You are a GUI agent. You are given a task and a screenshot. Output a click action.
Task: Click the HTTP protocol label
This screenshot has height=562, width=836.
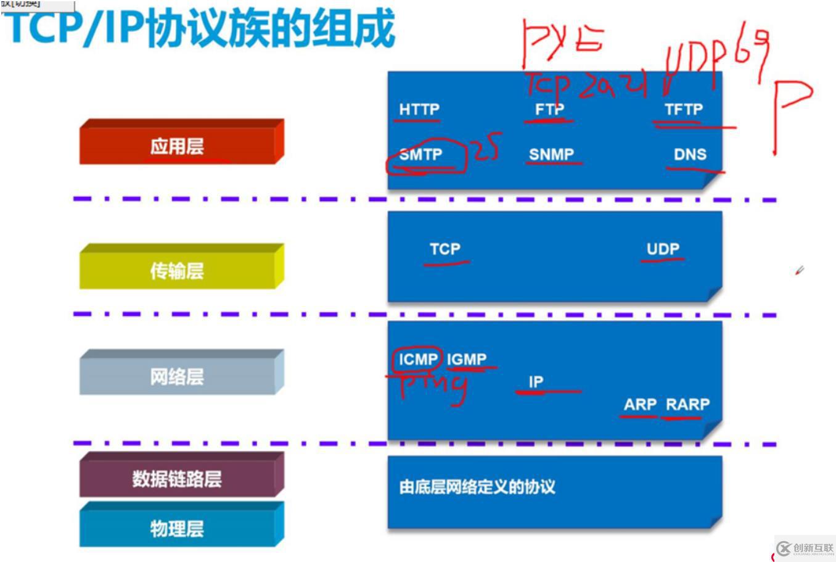pos(419,109)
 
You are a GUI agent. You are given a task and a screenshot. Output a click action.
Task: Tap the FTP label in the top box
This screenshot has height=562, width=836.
pos(549,109)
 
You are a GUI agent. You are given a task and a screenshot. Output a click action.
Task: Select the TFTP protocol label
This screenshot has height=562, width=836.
pos(684,109)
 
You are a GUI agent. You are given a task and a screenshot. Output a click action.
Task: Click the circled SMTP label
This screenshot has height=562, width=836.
pos(420,154)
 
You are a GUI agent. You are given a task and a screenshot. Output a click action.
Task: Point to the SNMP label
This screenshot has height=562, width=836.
pos(551,154)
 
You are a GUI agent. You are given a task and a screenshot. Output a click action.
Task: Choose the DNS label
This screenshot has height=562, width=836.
pos(690,154)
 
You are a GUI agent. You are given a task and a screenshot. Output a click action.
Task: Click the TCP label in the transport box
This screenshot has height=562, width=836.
pos(445,249)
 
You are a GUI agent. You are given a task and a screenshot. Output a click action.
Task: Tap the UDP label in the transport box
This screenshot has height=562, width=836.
pos(663,249)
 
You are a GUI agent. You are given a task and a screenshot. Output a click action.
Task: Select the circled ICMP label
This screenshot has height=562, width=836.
pos(418,359)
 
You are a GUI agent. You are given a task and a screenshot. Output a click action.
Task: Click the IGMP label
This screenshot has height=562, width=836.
pos(467,359)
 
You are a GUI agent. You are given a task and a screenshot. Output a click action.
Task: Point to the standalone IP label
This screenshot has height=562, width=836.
pos(536,382)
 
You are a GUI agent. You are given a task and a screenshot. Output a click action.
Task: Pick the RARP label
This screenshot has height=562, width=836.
pos(687,405)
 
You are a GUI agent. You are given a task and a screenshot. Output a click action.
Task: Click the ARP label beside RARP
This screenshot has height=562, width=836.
pos(640,405)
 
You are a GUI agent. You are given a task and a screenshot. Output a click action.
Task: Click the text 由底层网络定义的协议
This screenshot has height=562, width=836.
pos(477,487)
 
